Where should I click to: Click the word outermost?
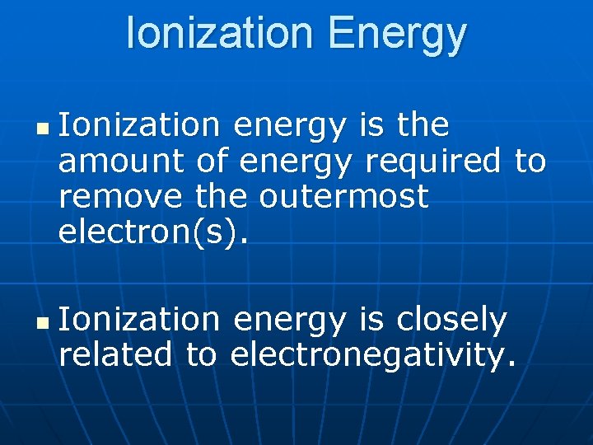pos(344,197)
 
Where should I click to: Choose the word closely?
pos(452,321)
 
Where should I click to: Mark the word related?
pos(116,355)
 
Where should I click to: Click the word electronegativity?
pos(373,357)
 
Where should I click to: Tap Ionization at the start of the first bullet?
pos(139,126)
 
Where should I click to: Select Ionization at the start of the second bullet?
pos(139,320)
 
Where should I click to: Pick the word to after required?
pos(530,162)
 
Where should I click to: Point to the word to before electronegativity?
pos(201,355)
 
